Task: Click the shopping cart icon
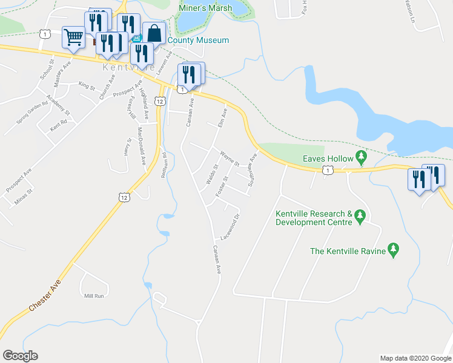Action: (73, 36)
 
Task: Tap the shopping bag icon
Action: (154, 33)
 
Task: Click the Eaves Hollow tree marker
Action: (362, 159)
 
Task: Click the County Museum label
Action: (198, 41)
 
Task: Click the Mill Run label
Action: (94, 296)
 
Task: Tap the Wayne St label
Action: (230, 159)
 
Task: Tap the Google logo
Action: (20, 356)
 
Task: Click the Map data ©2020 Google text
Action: (415, 358)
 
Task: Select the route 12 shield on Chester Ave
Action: (124, 197)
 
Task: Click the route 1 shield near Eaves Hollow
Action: (327, 171)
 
